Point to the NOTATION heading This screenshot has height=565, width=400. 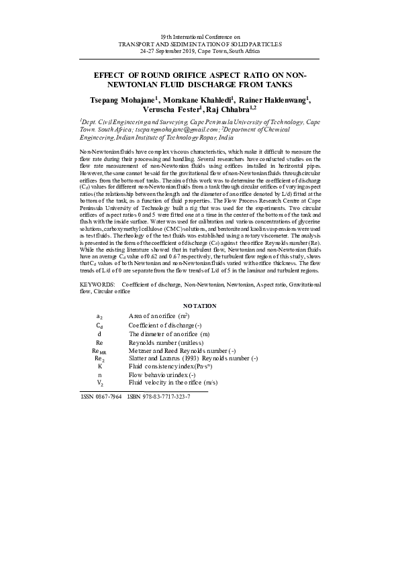(199, 306)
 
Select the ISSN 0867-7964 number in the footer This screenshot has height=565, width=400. (101, 397)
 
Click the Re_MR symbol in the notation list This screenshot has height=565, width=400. (99, 351)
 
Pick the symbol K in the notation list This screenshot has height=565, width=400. (99, 366)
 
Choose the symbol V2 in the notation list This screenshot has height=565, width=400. (99, 382)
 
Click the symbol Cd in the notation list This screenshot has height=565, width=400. (99, 324)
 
